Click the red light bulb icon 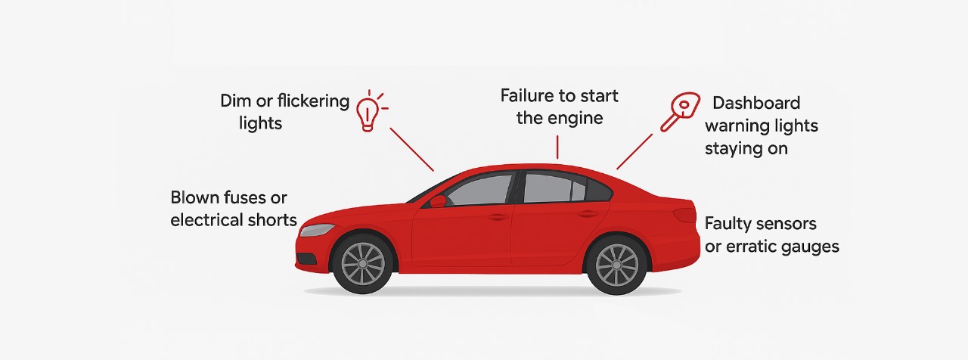(x=368, y=113)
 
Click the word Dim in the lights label (x=234, y=101)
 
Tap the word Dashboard (x=756, y=103)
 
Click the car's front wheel (x=363, y=263)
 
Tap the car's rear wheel (x=616, y=265)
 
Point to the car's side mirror (x=438, y=201)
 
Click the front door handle (x=498, y=217)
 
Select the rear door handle (x=588, y=214)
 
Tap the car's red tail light (x=684, y=214)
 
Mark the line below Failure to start (x=557, y=147)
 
